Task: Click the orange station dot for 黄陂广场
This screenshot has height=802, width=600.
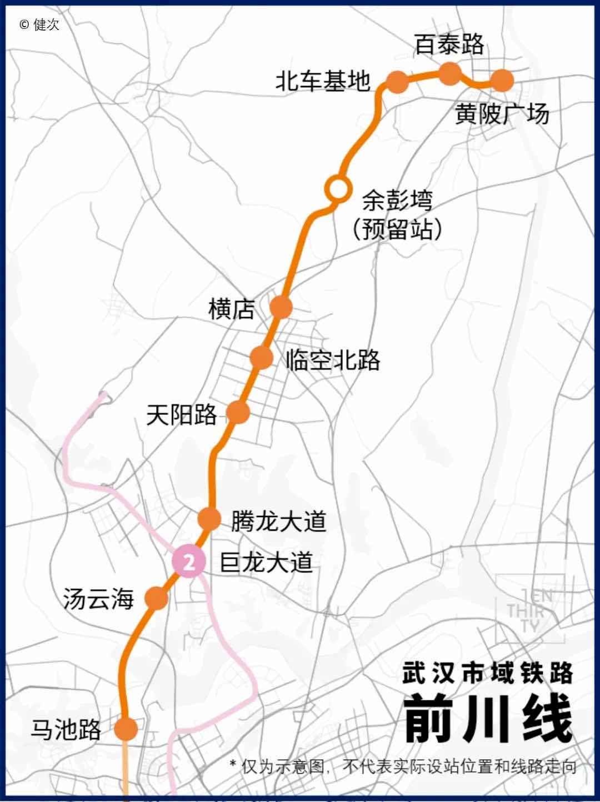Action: click(x=502, y=81)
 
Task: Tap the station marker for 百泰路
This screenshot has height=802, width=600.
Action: click(x=450, y=74)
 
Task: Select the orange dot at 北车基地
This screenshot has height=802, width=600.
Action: click(x=397, y=82)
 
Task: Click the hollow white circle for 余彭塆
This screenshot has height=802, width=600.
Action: click(x=337, y=189)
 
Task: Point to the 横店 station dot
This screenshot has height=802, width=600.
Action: click(x=281, y=307)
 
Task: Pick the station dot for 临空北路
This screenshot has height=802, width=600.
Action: click(x=261, y=357)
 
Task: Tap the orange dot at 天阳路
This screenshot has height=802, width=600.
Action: click(x=238, y=412)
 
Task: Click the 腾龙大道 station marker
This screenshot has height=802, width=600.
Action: click(x=209, y=519)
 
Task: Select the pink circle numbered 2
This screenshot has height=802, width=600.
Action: click(x=189, y=562)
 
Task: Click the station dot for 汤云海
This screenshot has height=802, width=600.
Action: click(x=157, y=598)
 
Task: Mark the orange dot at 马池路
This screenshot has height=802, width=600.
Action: click(x=126, y=729)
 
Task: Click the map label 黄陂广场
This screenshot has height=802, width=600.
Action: click(x=502, y=114)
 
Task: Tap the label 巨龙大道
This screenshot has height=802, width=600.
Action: click(x=267, y=563)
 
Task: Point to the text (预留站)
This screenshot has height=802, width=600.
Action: click(x=397, y=229)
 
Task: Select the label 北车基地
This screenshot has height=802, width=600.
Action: click(x=323, y=82)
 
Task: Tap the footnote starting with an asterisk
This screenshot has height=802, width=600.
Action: click(x=403, y=767)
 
